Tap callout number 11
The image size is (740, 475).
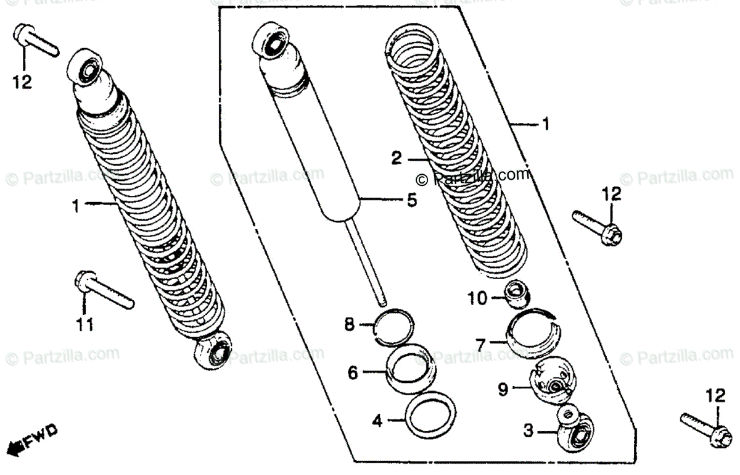click(x=84, y=324)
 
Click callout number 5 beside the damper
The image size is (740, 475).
click(x=411, y=200)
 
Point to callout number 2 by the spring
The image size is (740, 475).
click(x=397, y=159)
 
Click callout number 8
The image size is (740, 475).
click(x=350, y=324)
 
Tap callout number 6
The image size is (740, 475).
click(x=353, y=372)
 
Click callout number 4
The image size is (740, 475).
click(x=377, y=422)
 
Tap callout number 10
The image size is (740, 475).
click(x=477, y=299)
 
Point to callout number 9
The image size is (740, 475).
click(x=503, y=390)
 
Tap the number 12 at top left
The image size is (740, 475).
click(x=22, y=81)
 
